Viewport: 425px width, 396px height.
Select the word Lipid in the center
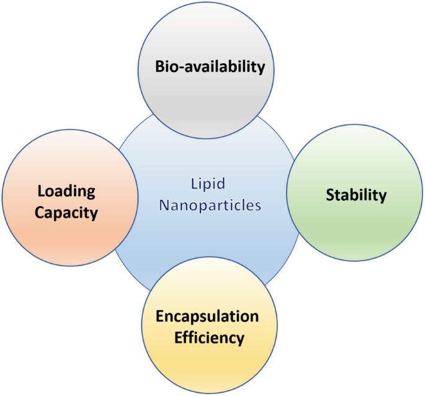tap(208, 184)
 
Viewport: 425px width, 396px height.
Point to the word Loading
tap(66, 191)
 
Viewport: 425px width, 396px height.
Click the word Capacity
tap(66, 213)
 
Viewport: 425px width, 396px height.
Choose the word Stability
tap(356, 195)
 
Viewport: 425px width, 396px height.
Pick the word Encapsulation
tap(207, 316)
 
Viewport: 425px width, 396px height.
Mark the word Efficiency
tap(208, 338)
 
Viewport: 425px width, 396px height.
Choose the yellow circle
tap(207, 366)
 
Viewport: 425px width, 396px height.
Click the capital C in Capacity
tap(40, 213)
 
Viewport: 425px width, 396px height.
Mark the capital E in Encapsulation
tap(159, 316)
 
